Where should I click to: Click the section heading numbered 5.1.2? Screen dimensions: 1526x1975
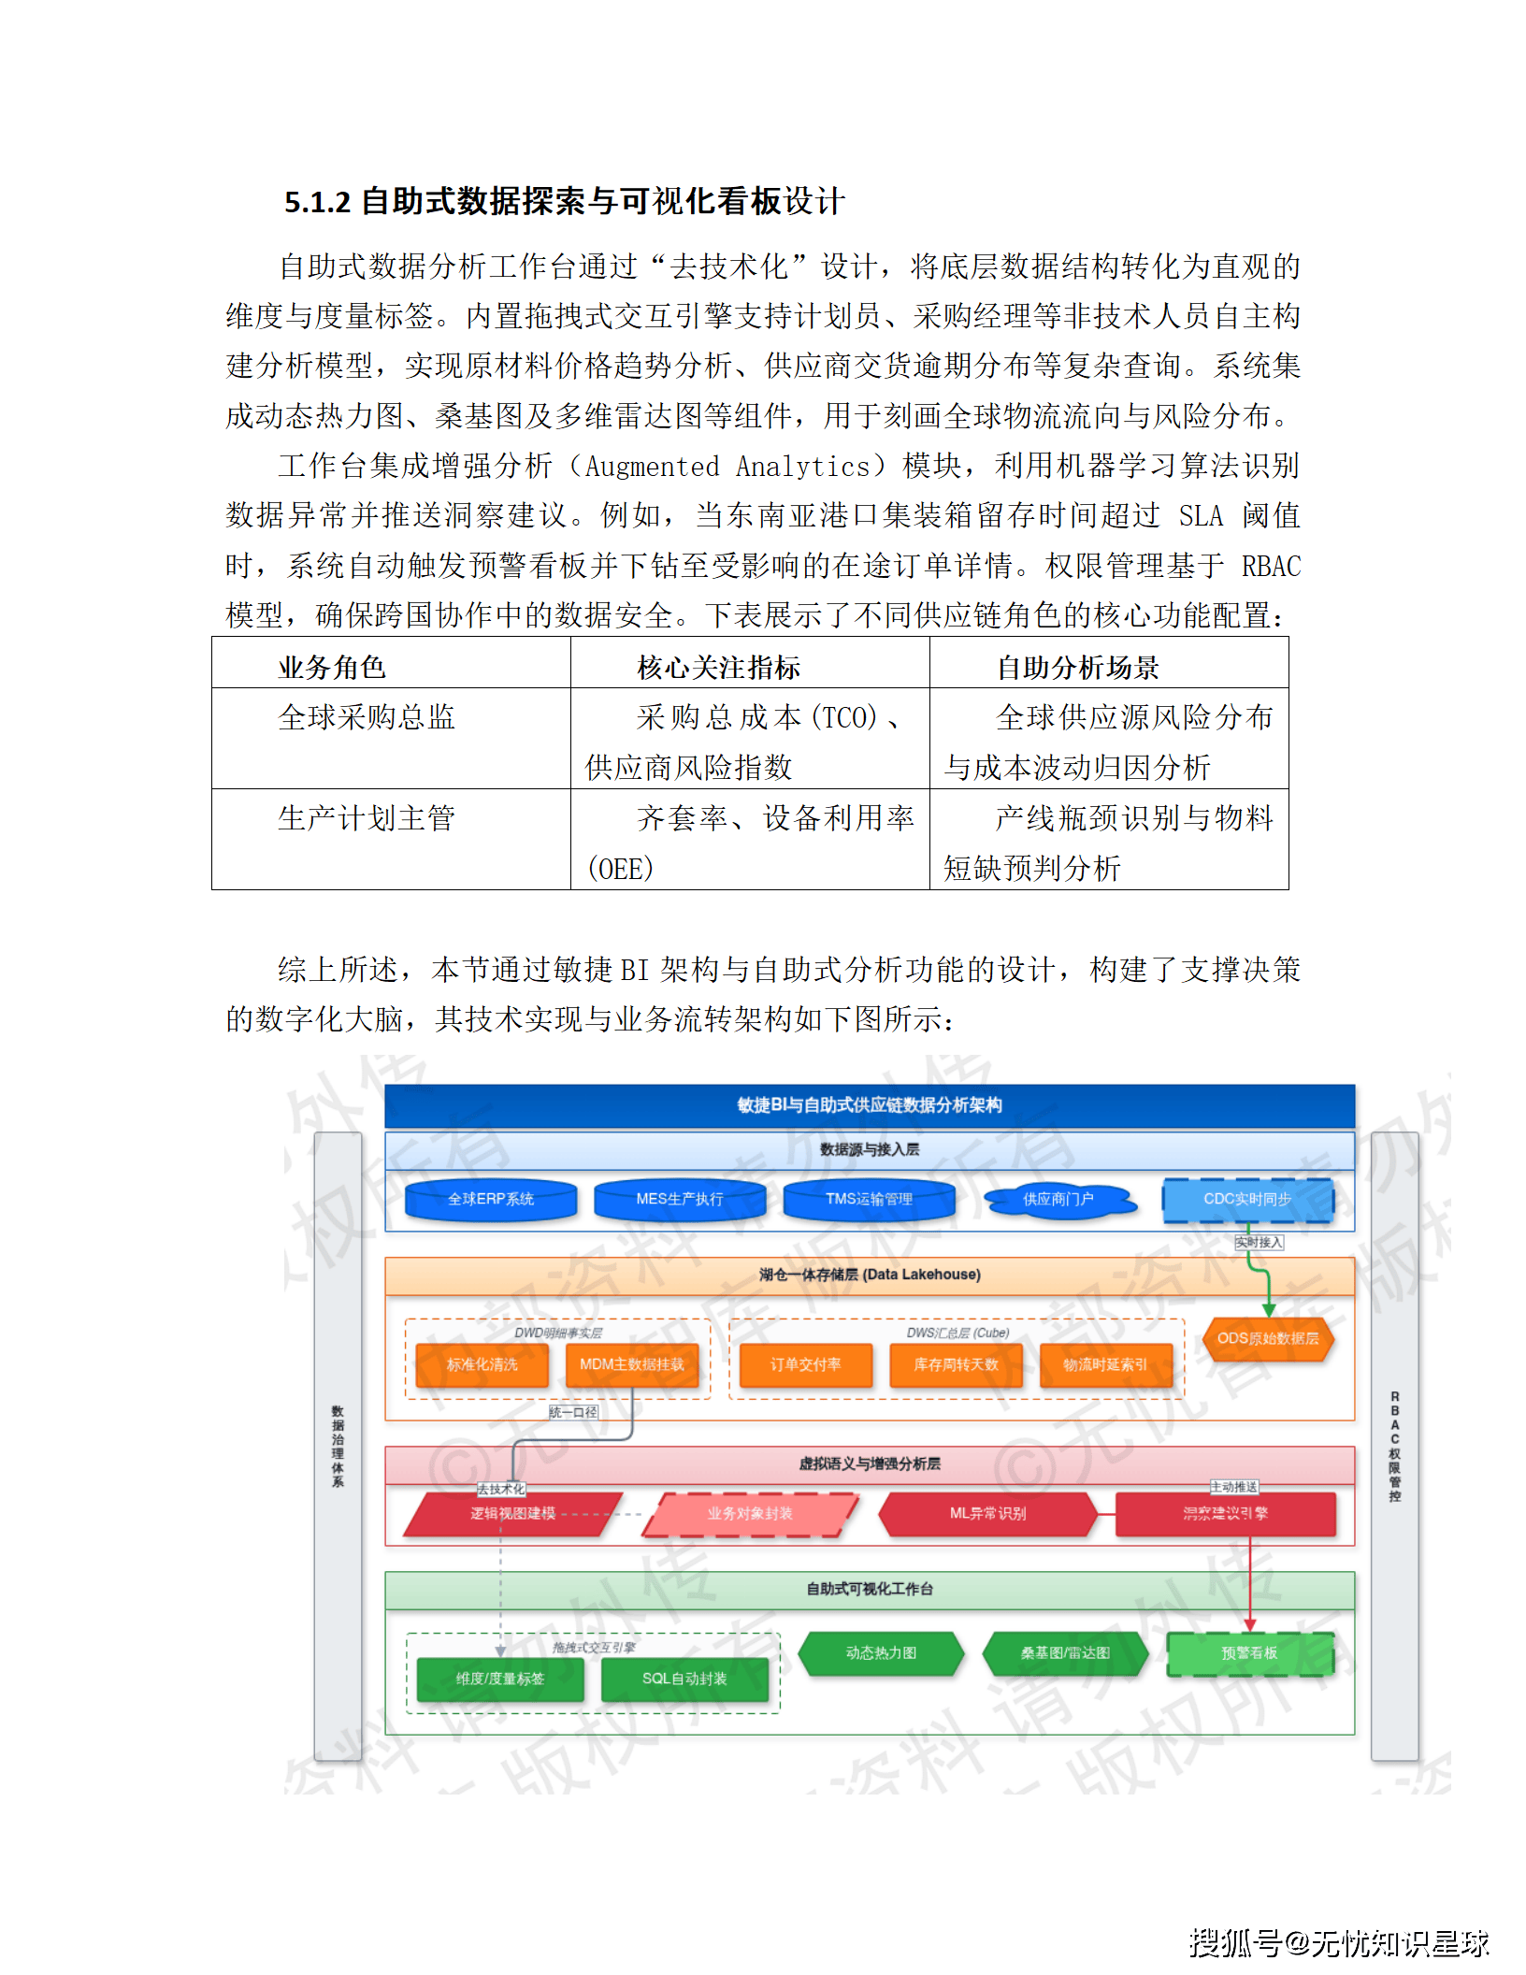click(x=564, y=201)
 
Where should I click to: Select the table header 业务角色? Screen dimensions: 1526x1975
click(x=332, y=667)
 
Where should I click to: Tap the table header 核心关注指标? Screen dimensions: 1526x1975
click(x=718, y=667)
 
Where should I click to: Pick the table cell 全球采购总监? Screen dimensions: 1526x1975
click(x=367, y=717)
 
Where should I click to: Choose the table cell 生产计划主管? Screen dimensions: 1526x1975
click(x=367, y=818)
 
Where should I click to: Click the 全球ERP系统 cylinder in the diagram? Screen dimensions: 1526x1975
click(x=491, y=1199)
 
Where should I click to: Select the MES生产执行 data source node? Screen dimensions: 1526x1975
click(x=680, y=1199)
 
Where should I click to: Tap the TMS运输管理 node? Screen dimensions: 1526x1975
click(x=869, y=1199)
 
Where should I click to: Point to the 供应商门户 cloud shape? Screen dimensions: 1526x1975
click(x=1058, y=1199)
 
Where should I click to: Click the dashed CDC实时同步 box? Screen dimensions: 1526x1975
click(x=1247, y=1199)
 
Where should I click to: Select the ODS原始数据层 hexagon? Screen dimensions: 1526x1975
click(x=1268, y=1338)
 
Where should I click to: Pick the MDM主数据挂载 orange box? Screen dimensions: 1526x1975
click(x=632, y=1364)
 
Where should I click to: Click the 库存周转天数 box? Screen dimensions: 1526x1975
click(x=956, y=1364)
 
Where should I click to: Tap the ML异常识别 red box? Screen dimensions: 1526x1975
click(x=987, y=1513)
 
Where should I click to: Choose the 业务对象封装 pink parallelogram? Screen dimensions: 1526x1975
click(x=749, y=1513)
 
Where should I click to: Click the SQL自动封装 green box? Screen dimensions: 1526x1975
click(x=684, y=1679)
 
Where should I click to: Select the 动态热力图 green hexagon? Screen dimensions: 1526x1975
click(x=881, y=1652)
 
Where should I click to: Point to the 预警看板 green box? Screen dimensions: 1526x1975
click(x=1249, y=1652)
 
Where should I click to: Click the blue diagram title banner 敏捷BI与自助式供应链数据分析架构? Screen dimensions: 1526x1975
click(x=870, y=1105)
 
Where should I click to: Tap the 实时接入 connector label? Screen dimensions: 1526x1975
click(x=1259, y=1243)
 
